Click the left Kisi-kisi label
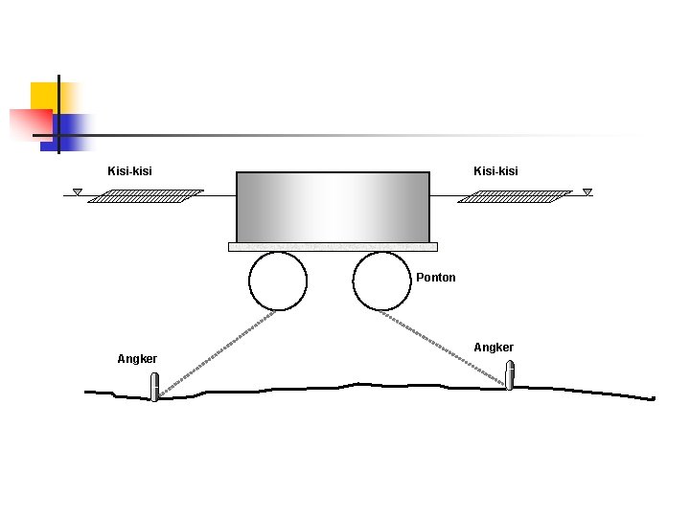(129, 171)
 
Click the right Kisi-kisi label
(495, 171)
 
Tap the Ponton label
(436, 278)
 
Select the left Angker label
(137, 359)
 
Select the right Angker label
(494, 348)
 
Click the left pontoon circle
(278, 281)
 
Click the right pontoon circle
(381, 281)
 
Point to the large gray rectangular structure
(333, 207)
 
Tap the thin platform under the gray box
(333, 247)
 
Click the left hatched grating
(152, 196)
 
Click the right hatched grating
(515, 196)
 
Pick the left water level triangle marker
(78, 192)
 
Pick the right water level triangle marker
(587, 192)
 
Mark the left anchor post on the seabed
(155, 387)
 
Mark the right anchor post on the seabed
(510, 375)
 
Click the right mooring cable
(446, 348)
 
